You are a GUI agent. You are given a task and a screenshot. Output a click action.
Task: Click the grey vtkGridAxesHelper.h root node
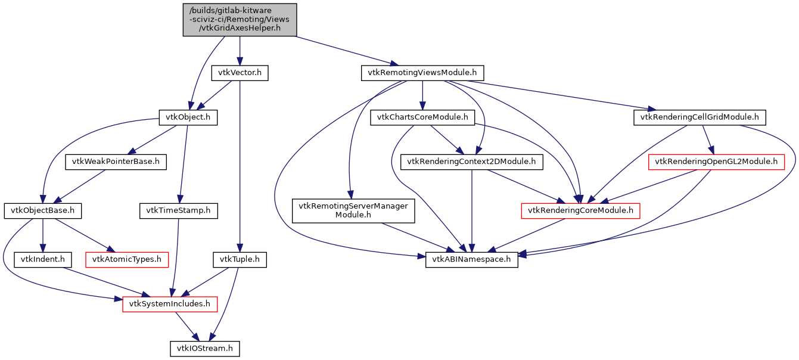[x=239, y=19]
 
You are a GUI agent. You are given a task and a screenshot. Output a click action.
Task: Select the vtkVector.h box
[x=240, y=73]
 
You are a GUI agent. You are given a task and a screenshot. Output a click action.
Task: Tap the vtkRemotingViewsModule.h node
[x=422, y=73]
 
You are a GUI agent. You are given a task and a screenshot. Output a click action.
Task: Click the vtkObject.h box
[x=187, y=117]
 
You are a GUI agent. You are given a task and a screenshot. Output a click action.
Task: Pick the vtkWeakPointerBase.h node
[x=116, y=162]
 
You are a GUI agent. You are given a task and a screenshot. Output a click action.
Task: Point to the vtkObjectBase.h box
[x=43, y=210]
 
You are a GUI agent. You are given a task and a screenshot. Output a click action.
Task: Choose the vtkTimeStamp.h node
[x=178, y=210]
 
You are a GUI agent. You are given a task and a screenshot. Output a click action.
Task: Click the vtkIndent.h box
[x=43, y=260]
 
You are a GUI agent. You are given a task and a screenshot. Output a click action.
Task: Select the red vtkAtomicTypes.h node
[x=128, y=260]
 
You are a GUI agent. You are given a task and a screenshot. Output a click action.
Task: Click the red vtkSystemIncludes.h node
[x=170, y=304]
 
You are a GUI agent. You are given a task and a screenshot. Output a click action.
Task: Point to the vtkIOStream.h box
[x=204, y=348]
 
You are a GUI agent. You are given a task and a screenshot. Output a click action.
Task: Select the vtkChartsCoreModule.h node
[x=422, y=117]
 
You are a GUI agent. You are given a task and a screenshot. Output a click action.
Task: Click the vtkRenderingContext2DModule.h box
[x=472, y=162]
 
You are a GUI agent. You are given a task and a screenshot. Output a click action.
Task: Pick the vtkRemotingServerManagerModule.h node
[x=353, y=210]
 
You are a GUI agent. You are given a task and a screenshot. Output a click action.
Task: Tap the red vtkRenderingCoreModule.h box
[x=580, y=210]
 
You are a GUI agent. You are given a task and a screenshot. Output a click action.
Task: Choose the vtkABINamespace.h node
[x=472, y=260]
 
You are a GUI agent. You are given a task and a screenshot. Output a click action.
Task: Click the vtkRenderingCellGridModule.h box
[x=699, y=117]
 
